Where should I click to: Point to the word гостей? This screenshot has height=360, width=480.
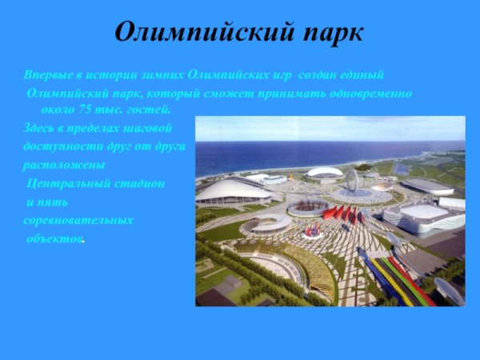[x=148, y=108]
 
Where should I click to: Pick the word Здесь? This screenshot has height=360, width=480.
[x=39, y=128]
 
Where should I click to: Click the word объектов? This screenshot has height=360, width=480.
[x=54, y=238]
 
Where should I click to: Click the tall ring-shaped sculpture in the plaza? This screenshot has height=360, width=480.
[x=350, y=181]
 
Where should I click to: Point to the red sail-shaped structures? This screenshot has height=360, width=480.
[x=340, y=213]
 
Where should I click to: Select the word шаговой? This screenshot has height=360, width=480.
[x=147, y=128]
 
